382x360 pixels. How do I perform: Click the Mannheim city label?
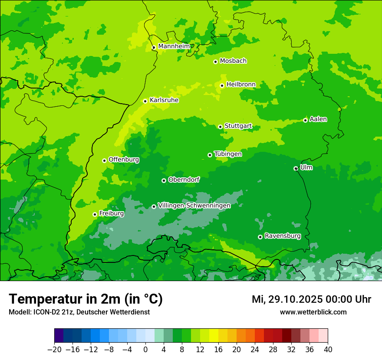(x=174, y=46)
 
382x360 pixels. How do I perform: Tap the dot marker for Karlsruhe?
(x=145, y=101)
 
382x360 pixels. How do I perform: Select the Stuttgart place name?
(x=238, y=126)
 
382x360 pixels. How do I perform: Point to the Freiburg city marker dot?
(x=95, y=214)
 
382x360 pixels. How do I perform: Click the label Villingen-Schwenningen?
(x=194, y=206)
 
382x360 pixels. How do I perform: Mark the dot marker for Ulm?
(x=296, y=168)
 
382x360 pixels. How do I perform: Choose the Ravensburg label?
(x=283, y=236)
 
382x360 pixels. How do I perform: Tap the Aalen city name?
(x=318, y=119)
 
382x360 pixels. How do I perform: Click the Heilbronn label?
(x=241, y=85)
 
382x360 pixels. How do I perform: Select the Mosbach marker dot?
(x=215, y=62)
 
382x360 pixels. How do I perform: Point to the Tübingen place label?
(x=228, y=154)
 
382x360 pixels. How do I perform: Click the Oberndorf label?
(x=184, y=180)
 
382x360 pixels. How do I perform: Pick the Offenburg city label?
(x=124, y=160)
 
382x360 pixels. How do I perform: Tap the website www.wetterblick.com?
(x=313, y=312)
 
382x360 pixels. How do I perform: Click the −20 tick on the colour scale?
(x=54, y=350)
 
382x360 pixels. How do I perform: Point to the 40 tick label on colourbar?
(x=328, y=350)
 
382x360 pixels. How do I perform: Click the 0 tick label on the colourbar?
(x=145, y=350)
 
